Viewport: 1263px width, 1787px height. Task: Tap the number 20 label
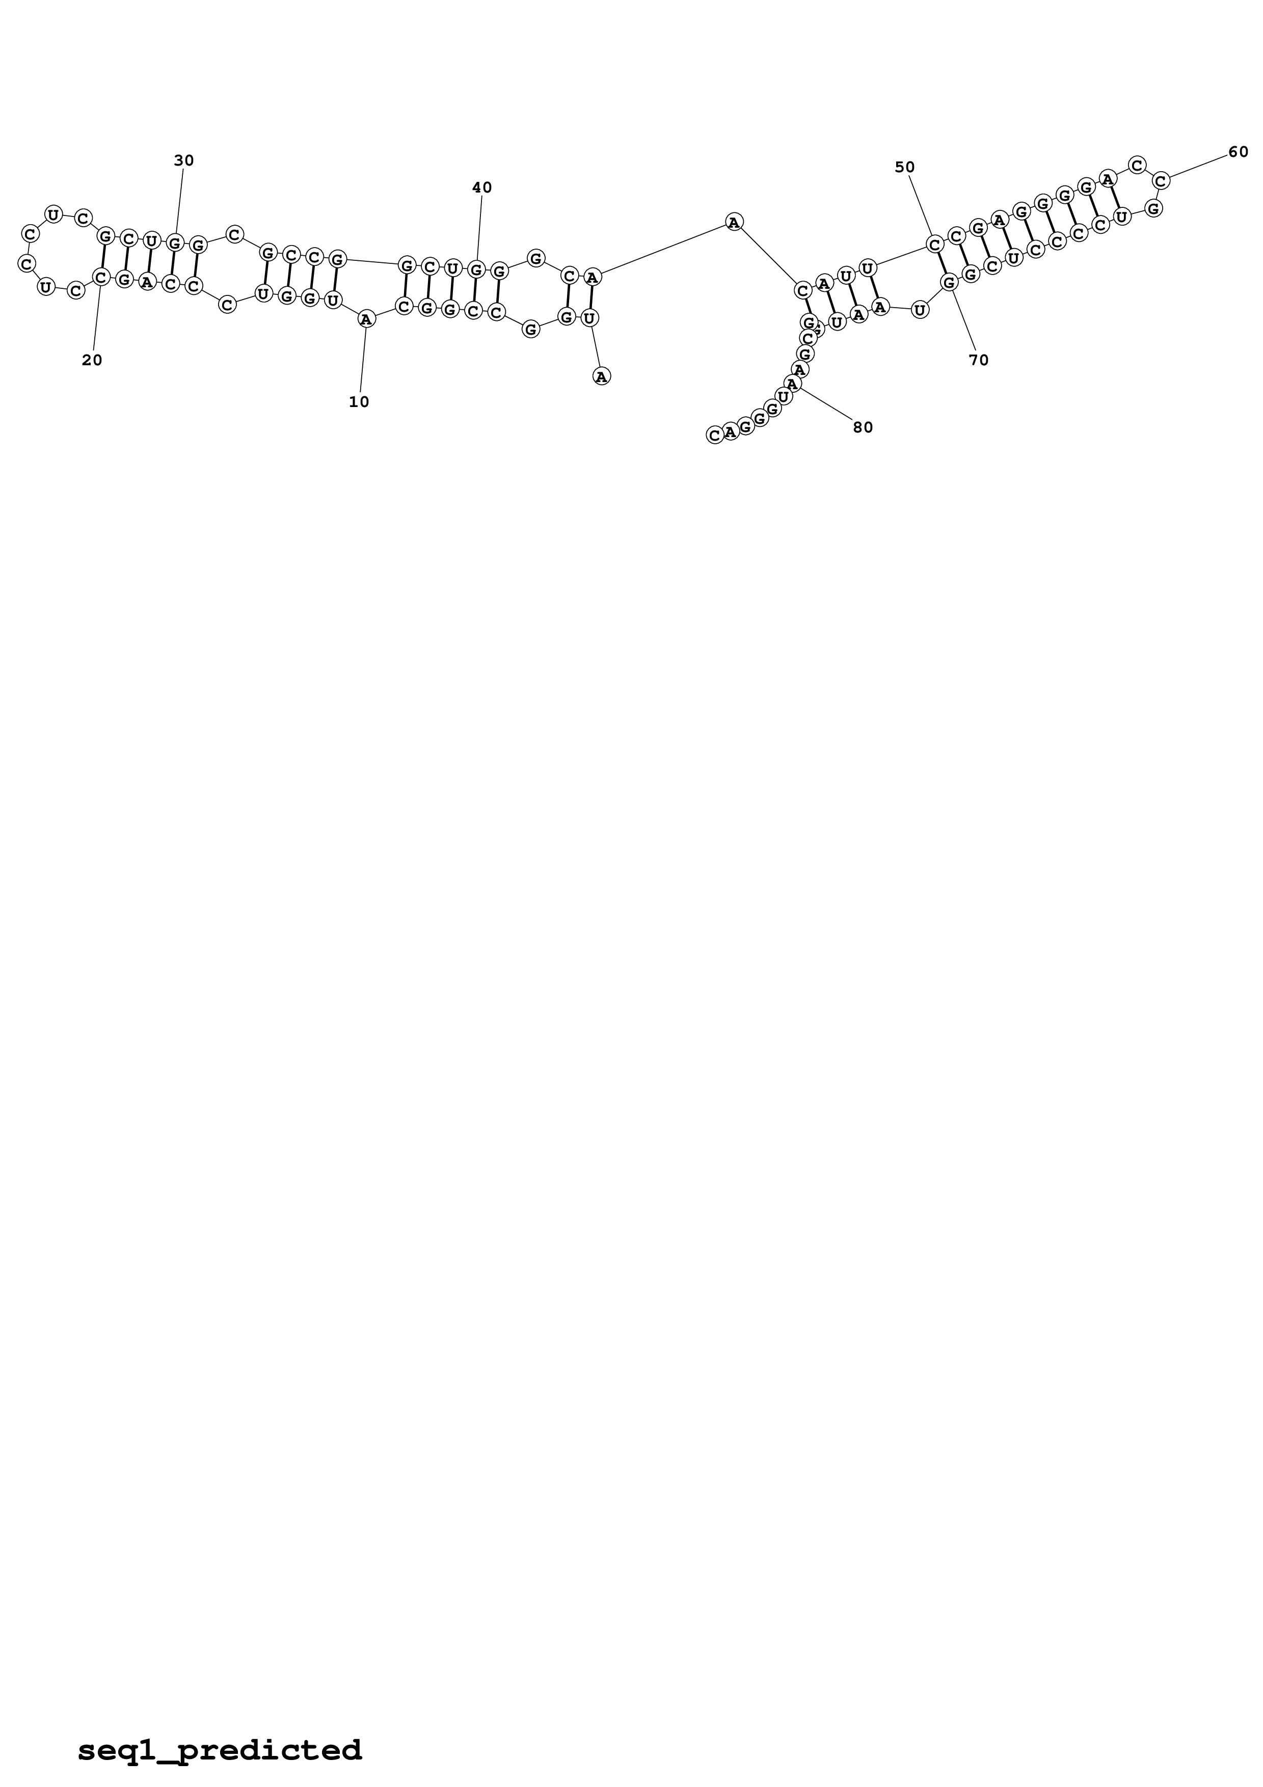[92, 360]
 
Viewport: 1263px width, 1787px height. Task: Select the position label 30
[183, 160]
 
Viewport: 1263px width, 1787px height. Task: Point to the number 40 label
[481, 187]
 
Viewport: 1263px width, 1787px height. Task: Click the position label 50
[904, 167]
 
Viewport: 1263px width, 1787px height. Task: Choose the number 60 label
[1238, 152]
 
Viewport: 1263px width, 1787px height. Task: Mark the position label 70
[978, 360]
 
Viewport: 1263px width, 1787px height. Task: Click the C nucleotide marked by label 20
[100, 276]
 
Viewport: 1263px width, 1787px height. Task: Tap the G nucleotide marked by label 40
[476, 269]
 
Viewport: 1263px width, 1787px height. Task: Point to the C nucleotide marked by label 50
[934, 245]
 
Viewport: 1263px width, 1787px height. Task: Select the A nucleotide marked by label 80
[792, 383]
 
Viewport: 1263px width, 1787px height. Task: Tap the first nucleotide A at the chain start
[602, 376]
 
